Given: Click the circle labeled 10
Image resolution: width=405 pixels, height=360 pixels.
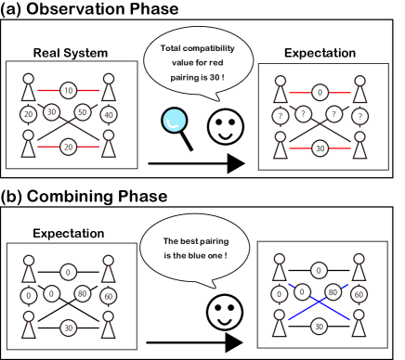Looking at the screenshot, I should [68, 90].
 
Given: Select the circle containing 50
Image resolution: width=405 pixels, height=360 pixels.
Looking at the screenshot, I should [82, 112].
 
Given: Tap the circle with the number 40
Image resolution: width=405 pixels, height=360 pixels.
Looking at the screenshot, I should [109, 115].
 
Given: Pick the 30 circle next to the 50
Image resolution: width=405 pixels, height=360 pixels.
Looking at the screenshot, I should [52, 112].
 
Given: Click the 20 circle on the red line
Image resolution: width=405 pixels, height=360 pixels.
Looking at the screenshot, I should [68, 147].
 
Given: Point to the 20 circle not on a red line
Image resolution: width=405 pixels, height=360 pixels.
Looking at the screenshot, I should [28, 114].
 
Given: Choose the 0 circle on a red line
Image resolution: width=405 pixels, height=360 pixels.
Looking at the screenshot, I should [320, 92].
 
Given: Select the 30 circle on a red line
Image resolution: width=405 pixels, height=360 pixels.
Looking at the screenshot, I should [320, 148].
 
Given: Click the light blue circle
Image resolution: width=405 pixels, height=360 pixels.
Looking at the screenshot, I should [174, 121].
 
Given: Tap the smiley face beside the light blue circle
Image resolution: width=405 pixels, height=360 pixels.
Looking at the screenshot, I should [225, 126].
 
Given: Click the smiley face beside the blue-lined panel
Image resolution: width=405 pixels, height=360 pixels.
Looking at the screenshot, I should [225, 312].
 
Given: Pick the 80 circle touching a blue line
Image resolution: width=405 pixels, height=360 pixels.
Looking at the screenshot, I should [333, 291].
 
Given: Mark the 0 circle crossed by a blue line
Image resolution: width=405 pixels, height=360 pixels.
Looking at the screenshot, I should [302, 291].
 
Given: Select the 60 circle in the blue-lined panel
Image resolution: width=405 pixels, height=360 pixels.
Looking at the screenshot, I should [359, 294].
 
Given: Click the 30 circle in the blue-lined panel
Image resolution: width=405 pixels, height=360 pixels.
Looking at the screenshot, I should [319, 326].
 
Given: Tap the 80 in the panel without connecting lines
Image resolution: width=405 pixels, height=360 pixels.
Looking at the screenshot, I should [82, 293].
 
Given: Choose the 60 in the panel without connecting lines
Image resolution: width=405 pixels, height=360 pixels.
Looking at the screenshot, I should [108, 296].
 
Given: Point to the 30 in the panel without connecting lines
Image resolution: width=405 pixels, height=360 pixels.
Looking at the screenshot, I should [68, 328].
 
